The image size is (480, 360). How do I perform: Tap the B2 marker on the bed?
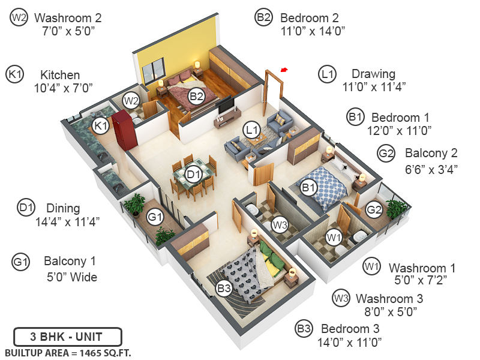click(x=196, y=96)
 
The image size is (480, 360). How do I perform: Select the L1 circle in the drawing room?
click(x=251, y=129)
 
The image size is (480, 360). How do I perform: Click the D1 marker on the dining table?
click(x=193, y=175)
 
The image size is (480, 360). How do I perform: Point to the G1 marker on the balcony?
click(x=155, y=217)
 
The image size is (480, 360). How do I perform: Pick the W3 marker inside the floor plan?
click(x=279, y=226)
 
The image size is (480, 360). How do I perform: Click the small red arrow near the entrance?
click(x=284, y=70)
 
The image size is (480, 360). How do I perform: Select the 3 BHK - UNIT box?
click(x=67, y=335)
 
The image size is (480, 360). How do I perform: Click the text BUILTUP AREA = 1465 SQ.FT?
click(x=68, y=352)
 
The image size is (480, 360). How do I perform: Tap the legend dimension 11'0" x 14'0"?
click(x=312, y=31)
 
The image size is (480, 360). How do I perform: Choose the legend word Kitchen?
click(x=60, y=75)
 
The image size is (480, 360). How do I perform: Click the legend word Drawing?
click(x=373, y=74)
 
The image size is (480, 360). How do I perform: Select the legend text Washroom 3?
click(x=389, y=298)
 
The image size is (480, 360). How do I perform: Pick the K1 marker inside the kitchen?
click(x=100, y=125)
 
